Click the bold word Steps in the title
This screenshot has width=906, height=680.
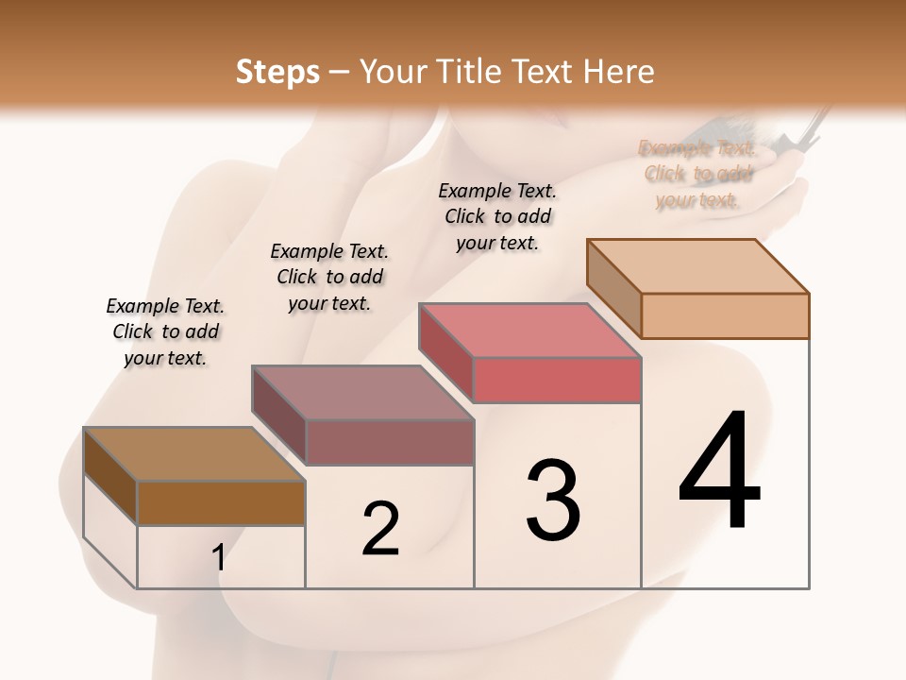[277, 72]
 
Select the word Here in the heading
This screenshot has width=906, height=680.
[619, 72]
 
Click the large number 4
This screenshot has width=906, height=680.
[720, 472]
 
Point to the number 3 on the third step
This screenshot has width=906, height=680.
[553, 501]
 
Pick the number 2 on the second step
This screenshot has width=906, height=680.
[381, 529]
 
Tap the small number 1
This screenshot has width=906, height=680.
[219, 558]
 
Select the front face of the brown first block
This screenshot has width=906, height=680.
[221, 503]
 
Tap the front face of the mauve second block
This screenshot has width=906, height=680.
[390, 442]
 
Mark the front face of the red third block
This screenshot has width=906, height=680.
[557, 380]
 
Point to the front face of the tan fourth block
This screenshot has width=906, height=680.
[725, 315]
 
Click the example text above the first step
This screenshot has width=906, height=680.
[165, 332]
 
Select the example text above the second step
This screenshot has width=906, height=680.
[329, 278]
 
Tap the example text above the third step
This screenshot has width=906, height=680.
[497, 216]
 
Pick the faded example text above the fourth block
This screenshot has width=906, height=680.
[698, 174]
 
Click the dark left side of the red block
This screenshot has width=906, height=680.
[445, 352]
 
